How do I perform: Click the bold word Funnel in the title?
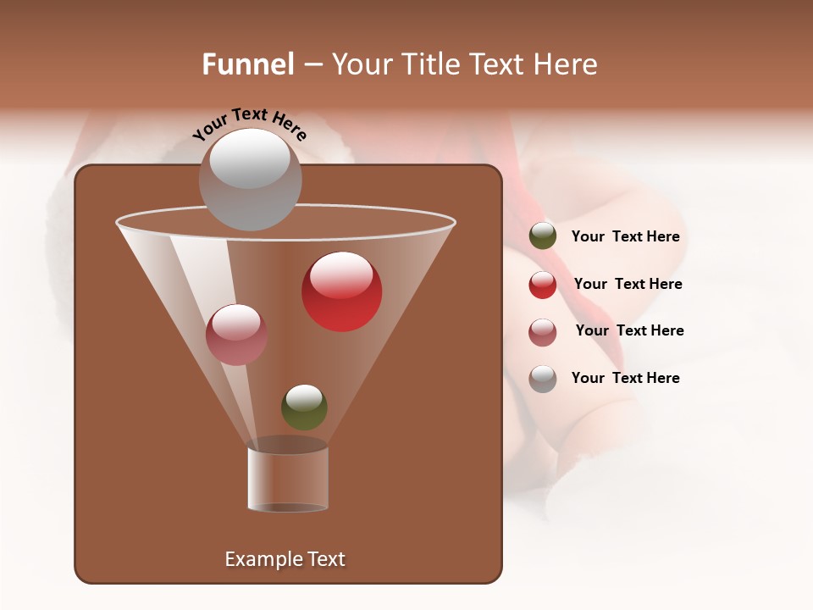coord(247,64)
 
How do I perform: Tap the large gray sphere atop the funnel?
coord(250,180)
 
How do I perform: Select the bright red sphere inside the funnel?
coord(341,291)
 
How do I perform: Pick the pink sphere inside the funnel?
coord(236,335)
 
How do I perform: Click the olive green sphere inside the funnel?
coord(304,408)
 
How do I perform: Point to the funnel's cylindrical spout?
coord(288,479)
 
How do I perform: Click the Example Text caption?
coord(285,559)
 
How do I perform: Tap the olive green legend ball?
coord(543,236)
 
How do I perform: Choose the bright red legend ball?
coord(543,285)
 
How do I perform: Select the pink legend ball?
coord(543,332)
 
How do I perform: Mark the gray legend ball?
coord(543,379)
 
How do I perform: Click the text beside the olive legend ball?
coord(625,237)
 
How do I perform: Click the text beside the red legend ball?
coord(628,284)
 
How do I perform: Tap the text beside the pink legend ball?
coord(629,330)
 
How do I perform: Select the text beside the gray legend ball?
coord(625,378)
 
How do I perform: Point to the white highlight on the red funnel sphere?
coord(340,273)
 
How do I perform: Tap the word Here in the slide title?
coord(566,64)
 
